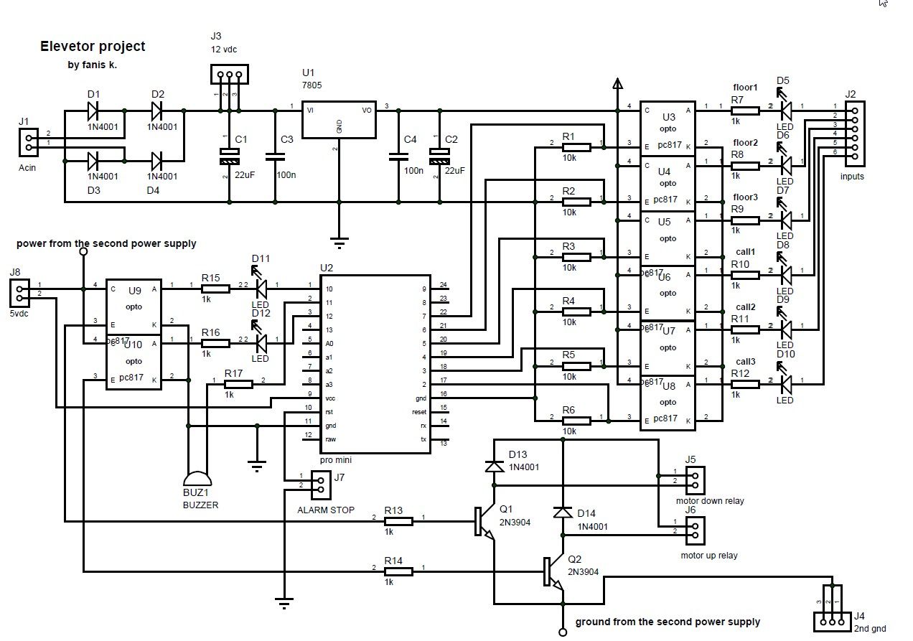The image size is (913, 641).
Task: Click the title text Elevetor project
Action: coord(93,47)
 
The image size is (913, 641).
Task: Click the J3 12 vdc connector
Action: coord(229,74)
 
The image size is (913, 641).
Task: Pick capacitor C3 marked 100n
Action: coord(275,156)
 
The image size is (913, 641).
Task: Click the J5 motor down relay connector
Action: coord(695,479)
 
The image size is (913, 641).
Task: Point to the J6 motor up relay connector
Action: coord(695,530)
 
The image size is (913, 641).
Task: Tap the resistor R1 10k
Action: coord(576,147)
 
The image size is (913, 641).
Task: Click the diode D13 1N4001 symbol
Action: coord(494,467)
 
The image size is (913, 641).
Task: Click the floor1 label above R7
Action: coord(745,88)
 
